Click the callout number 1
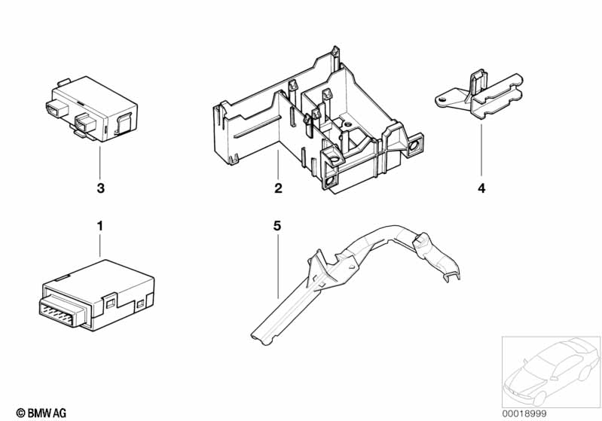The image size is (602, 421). (99, 226)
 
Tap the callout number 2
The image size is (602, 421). (278, 188)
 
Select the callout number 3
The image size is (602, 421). (101, 188)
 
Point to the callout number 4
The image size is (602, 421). (481, 188)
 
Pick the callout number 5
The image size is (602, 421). (277, 226)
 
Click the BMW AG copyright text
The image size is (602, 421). (41, 413)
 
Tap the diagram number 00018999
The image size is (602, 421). (524, 413)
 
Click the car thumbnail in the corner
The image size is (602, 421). (551, 372)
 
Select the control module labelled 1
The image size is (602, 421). (96, 294)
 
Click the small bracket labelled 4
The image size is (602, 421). (479, 95)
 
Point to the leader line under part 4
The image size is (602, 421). (481, 151)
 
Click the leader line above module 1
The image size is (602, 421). (99, 246)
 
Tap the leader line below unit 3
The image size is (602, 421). (99, 163)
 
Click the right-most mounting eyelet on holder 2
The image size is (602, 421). (414, 145)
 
